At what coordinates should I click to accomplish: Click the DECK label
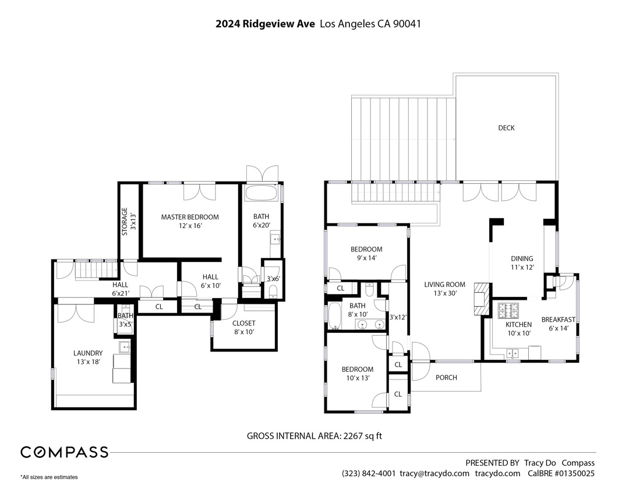tap(506, 128)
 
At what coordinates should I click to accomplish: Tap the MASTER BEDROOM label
tap(190, 217)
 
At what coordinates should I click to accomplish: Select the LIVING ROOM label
tap(444, 285)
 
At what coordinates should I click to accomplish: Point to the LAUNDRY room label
tap(88, 353)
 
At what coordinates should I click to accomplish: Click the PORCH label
tap(446, 378)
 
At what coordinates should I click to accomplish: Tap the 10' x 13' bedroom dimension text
tap(357, 378)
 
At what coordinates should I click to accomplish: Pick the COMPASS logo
tap(64, 452)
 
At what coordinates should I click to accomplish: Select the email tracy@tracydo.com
tap(434, 474)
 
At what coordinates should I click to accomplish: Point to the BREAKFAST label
tap(558, 320)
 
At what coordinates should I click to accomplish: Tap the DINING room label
tap(522, 259)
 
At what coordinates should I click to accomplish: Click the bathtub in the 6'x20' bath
tap(262, 193)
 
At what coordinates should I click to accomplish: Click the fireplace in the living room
tap(482, 299)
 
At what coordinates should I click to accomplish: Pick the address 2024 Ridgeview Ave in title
tap(266, 24)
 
